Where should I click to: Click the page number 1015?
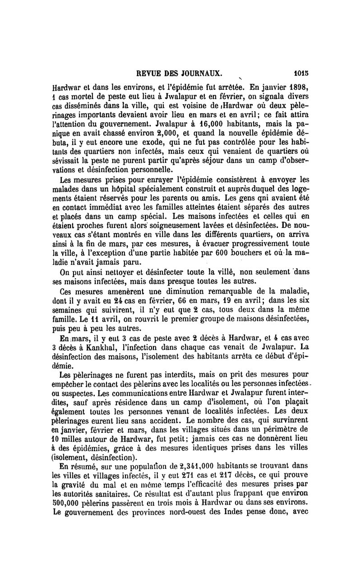coord(300,73)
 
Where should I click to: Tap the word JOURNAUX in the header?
coord(200,73)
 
